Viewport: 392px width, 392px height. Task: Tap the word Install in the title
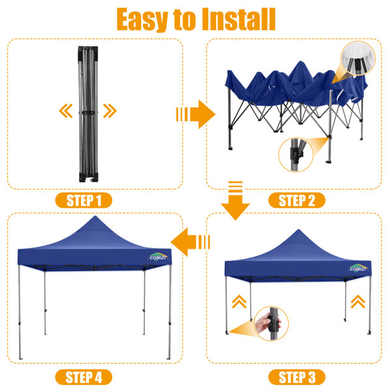tap(238, 19)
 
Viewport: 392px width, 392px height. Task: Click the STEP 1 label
tap(84, 201)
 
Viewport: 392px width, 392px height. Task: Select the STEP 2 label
tap(297, 201)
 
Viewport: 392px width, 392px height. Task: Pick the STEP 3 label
tap(297, 377)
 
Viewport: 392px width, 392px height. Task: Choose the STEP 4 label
tap(84, 377)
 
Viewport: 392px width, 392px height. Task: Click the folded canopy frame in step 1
tap(88, 114)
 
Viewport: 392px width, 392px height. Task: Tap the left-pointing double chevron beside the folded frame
tap(66, 111)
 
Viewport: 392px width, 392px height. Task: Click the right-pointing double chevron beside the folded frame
tap(110, 111)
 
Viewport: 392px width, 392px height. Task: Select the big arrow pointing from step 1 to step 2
tap(196, 114)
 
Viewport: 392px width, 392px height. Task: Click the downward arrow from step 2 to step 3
tap(235, 201)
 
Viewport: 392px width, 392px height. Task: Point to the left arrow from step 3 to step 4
tap(190, 242)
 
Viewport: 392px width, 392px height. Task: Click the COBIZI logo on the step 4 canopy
tap(158, 257)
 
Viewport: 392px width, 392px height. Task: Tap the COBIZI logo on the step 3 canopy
tap(358, 269)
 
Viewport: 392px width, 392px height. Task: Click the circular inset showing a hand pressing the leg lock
tap(272, 324)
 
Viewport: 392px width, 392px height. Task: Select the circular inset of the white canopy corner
tap(358, 58)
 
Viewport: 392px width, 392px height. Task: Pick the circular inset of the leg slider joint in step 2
tap(296, 155)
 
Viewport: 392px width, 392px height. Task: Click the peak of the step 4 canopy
tap(95, 216)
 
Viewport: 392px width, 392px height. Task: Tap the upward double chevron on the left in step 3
tap(239, 301)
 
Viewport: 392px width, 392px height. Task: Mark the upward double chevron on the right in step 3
tap(358, 301)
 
